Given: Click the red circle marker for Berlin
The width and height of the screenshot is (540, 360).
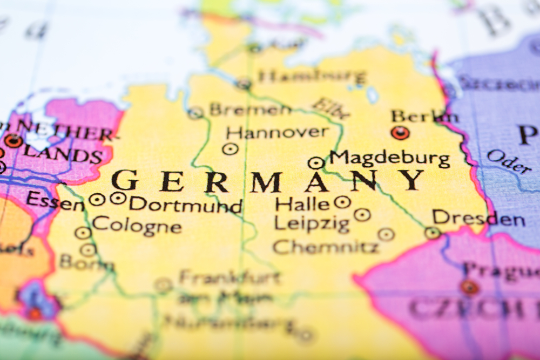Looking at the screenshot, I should pyautogui.click(x=400, y=133).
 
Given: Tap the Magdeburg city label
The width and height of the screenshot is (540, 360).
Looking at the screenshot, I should pyautogui.click(x=390, y=159).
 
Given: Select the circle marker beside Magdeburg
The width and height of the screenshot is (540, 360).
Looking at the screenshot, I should pyautogui.click(x=316, y=162).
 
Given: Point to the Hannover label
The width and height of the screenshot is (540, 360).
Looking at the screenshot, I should pyautogui.click(x=277, y=132).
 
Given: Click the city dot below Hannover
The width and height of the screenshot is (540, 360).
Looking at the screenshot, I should pyautogui.click(x=231, y=149).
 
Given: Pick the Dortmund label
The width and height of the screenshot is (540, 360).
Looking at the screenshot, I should pyautogui.click(x=186, y=205).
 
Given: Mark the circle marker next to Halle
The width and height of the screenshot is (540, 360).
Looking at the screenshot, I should pyautogui.click(x=342, y=202).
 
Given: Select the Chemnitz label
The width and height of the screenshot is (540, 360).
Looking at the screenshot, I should pyautogui.click(x=326, y=247).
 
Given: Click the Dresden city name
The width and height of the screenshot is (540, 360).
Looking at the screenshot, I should pyautogui.click(x=478, y=219).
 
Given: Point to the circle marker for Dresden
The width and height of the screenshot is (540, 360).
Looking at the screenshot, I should pyautogui.click(x=432, y=233).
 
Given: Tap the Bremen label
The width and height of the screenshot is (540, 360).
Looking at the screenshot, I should pyautogui.click(x=250, y=110).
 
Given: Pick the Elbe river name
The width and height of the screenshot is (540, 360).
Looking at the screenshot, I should pyautogui.click(x=331, y=107).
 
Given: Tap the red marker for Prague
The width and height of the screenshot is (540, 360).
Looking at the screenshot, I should pyautogui.click(x=469, y=287).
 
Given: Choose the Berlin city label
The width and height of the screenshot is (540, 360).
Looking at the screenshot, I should pyautogui.click(x=425, y=116).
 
